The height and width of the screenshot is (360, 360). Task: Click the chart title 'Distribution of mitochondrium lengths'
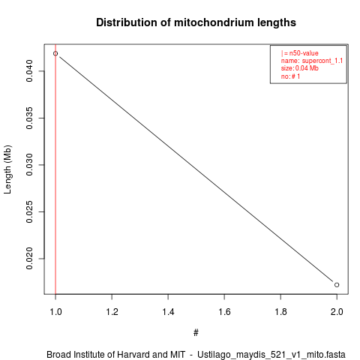(196, 22)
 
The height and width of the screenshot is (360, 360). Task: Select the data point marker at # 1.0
(55, 53)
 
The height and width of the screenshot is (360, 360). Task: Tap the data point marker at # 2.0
(337, 285)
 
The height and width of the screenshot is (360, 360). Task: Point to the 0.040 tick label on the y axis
(29, 71)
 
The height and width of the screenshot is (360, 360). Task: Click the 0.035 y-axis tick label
(29, 118)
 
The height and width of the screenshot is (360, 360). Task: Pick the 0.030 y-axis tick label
(29, 165)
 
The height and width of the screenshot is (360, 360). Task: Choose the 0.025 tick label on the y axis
(29, 211)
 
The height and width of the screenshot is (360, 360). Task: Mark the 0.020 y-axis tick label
(29, 259)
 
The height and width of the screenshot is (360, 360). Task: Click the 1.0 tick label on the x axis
(55, 312)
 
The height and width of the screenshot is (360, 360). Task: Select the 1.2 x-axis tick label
(112, 312)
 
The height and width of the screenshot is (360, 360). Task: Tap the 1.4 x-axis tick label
(168, 312)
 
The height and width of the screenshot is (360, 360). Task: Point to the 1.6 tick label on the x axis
(224, 312)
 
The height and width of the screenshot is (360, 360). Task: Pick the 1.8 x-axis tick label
(280, 312)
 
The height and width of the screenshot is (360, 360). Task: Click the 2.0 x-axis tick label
(337, 312)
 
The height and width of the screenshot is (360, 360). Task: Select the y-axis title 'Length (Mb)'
(7, 169)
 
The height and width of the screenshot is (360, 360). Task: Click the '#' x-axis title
(196, 333)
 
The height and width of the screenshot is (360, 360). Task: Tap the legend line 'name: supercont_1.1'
(312, 61)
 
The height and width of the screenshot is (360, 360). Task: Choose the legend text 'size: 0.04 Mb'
(300, 68)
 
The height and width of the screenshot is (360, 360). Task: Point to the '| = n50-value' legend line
(300, 53)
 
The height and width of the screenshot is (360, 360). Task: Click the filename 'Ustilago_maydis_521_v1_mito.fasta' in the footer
(271, 355)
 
